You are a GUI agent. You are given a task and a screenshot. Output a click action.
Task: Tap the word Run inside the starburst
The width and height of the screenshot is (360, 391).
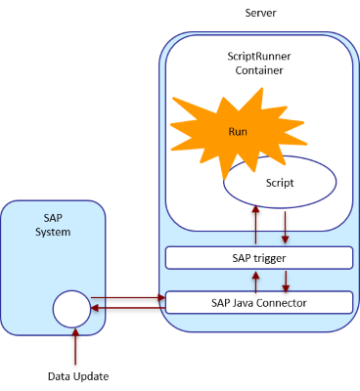click(238, 131)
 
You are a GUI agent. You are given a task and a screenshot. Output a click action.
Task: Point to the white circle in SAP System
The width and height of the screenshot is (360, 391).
click(71, 310)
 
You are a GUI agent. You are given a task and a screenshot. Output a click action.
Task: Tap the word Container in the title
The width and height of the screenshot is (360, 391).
click(258, 71)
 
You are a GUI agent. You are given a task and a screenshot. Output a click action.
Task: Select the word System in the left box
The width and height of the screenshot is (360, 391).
click(53, 232)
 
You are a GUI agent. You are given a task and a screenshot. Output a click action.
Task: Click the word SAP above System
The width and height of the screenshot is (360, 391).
click(53, 218)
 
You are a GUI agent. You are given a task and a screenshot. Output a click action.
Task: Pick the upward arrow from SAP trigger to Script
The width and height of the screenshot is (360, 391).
click(255, 226)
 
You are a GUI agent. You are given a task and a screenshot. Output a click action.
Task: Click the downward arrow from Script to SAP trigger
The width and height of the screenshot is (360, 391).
click(284, 226)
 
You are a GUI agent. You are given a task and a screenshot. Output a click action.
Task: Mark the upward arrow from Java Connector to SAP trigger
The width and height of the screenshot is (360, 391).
click(255, 281)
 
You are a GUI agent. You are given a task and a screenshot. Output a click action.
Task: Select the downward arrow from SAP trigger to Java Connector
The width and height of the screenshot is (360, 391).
click(284, 281)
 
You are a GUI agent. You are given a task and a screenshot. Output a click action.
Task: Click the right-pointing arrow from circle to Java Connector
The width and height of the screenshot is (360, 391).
click(127, 297)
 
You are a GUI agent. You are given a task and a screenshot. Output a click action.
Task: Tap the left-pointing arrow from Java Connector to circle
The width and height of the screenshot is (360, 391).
click(127, 309)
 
